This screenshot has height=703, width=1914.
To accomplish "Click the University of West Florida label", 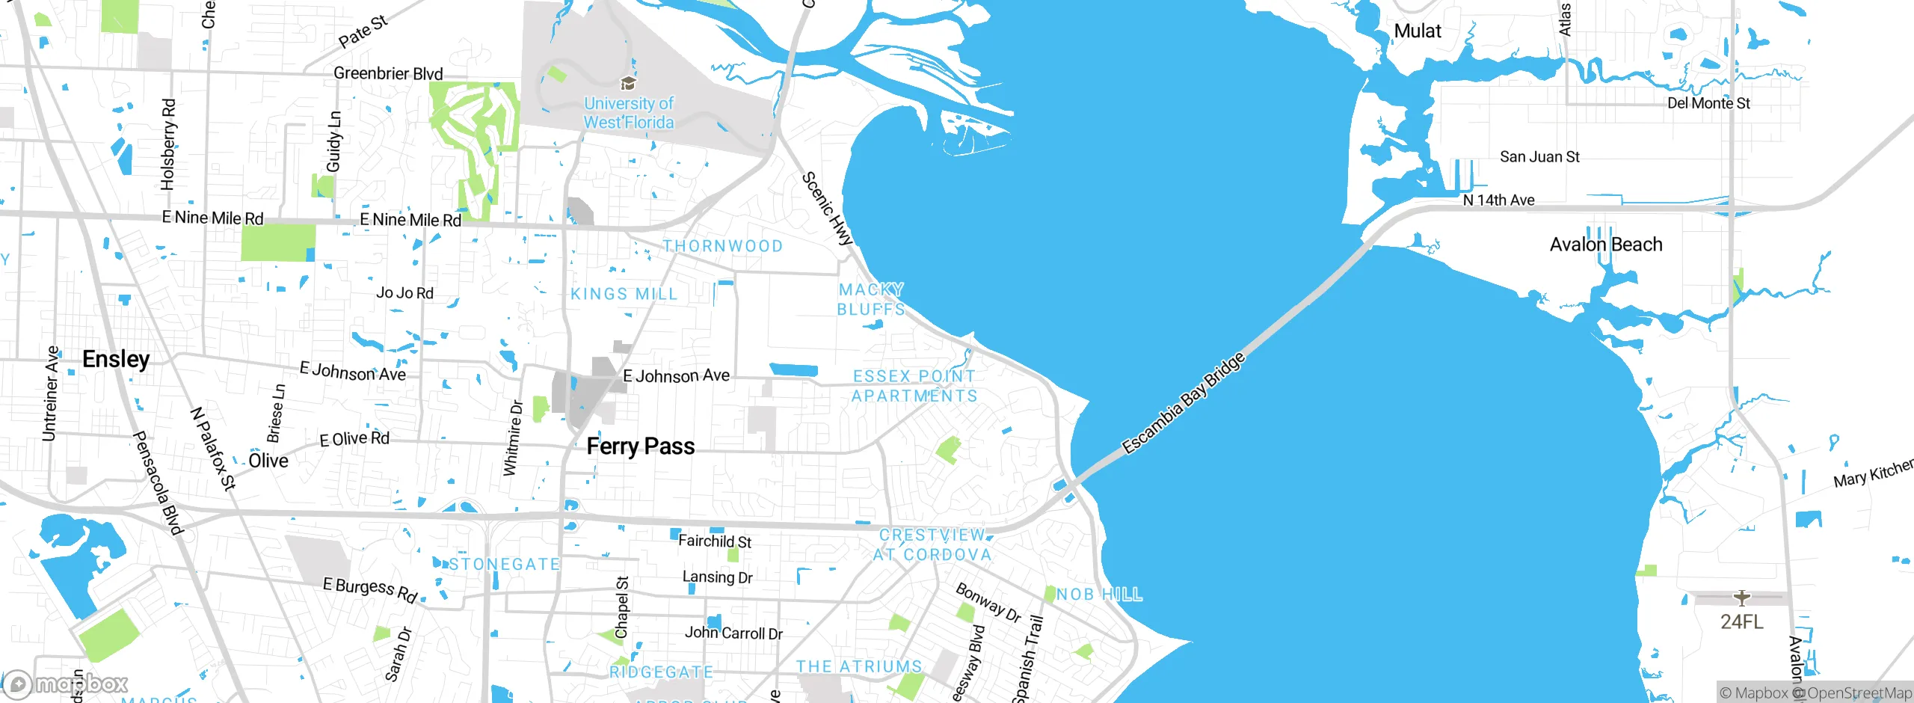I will click(x=629, y=114).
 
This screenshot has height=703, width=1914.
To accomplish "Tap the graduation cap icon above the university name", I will click(x=629, y=82).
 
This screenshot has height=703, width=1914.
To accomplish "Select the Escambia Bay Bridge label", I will click(x=1184, y=403).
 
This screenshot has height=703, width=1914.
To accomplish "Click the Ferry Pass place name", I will click(x=641, y=446).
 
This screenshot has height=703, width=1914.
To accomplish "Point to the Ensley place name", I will click(x=116, y=359).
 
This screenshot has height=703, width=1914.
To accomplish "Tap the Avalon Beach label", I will click(x=1606, y=245).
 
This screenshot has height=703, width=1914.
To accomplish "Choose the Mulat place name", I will click(x=1418, y=31).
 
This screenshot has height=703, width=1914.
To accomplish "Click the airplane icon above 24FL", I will click(x=1742, y=598).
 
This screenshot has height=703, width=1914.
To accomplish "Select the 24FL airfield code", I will click(x=1741, y=621).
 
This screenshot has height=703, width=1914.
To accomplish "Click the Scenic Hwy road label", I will click(x=827, y=209).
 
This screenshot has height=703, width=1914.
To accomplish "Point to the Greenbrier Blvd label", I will click(x=388, y=73).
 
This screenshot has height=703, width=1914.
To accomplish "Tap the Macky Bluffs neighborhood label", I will click(x=871, y=299).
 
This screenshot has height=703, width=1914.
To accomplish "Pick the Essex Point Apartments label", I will click(x=914, y=386).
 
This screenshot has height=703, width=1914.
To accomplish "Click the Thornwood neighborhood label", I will click(x=723, y=246).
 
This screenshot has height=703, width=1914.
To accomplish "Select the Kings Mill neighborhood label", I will click(x=624, y=294).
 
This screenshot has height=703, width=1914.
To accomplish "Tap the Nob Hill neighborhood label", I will click(x=1099, y=595).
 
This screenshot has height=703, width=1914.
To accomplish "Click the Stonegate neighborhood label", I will click(x=505, y=564).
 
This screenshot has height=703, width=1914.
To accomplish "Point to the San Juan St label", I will click(x=1539, y=157).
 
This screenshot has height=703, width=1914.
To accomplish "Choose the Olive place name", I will click(x=268, y=461).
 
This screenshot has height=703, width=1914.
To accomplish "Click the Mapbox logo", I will click(x=66, y=684).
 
